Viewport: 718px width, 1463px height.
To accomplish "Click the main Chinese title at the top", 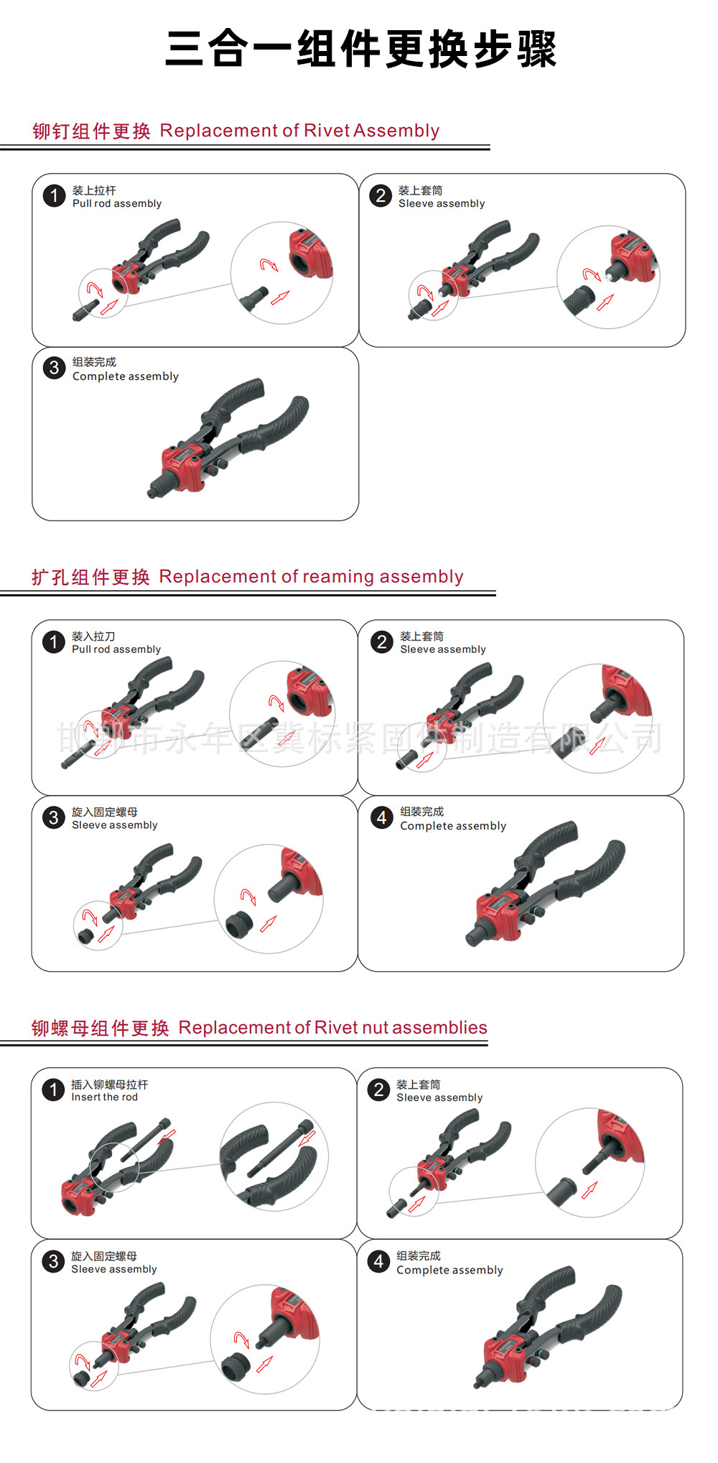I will point(360,50).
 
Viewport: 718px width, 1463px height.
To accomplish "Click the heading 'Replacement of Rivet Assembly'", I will point(299,131).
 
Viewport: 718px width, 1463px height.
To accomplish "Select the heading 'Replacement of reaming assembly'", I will point(311,577).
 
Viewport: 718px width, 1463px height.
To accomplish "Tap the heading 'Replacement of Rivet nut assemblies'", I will point(332,1028).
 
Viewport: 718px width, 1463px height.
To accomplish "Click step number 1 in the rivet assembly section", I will point(54,196).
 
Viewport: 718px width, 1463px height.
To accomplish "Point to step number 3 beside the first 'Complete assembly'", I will point(54,368).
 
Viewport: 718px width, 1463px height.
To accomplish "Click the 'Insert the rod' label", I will point(104,1097).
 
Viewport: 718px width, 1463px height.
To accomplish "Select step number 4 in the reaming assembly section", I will point(381,817).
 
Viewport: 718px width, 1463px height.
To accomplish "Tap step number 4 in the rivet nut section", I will point(378,1261).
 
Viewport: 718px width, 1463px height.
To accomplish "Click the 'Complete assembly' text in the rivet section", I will point(125,376).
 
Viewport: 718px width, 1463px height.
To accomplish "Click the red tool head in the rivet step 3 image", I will point(182,467).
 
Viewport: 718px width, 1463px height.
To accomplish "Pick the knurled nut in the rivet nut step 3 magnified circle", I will point(235,1368).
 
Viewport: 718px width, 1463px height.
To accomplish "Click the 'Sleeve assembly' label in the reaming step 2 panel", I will point(442,649).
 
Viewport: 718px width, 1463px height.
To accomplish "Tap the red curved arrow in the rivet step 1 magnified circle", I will point(269,265).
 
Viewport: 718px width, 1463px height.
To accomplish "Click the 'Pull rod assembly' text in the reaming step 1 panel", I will point(116,649).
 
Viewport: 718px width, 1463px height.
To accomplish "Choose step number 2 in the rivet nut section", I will point(378,1090).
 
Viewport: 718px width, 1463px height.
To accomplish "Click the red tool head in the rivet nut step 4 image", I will point(505,1357).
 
